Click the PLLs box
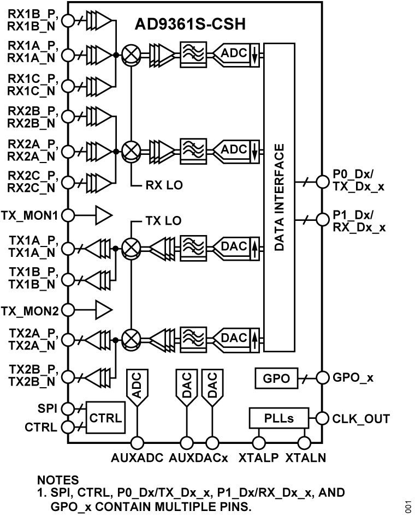pos(279,419)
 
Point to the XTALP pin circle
pos(257,443)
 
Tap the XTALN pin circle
pos(304,443)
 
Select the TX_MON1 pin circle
pos(68,215)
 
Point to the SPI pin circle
pos(68,408)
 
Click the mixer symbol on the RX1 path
pos(131,55)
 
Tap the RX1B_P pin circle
pos(68,21)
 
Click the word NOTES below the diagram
pos(57,480)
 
